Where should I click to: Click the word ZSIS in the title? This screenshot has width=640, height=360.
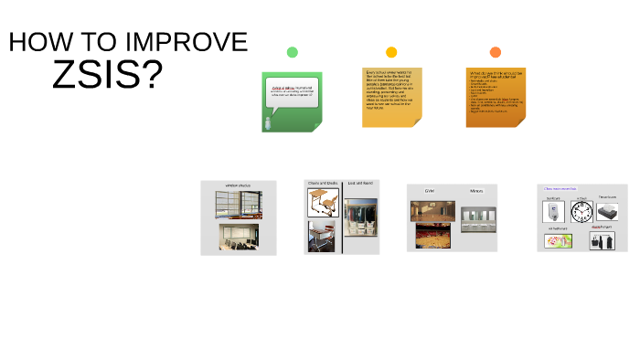click(107, 73)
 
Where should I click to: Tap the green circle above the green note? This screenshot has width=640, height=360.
click(292, 52)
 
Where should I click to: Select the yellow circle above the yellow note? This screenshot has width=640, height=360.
click(391, 52)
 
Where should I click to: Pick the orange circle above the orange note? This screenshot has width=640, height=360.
click(495, 52)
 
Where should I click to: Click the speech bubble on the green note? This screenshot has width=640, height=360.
click(293, 92)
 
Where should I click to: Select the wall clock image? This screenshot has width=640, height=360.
click(581, 213)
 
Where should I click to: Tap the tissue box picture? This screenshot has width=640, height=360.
click(608, 211)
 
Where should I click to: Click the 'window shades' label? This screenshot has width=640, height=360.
click(239, 186)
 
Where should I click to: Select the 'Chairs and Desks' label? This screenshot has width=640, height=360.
click(323, 184)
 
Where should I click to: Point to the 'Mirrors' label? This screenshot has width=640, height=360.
click(476, 191)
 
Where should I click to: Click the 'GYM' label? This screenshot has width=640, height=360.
click(428, 191)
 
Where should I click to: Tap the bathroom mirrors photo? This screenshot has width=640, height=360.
click(477, 218)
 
